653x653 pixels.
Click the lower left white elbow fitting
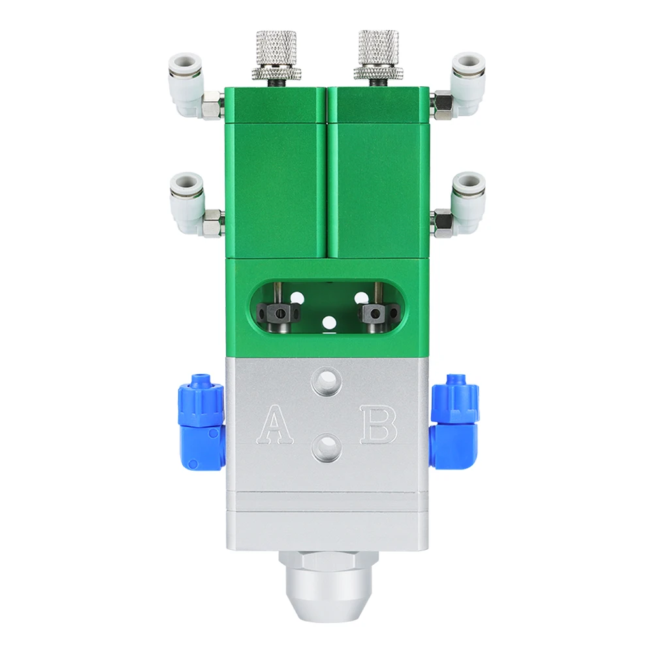(187, 199)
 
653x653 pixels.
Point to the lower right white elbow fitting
(466, 199)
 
